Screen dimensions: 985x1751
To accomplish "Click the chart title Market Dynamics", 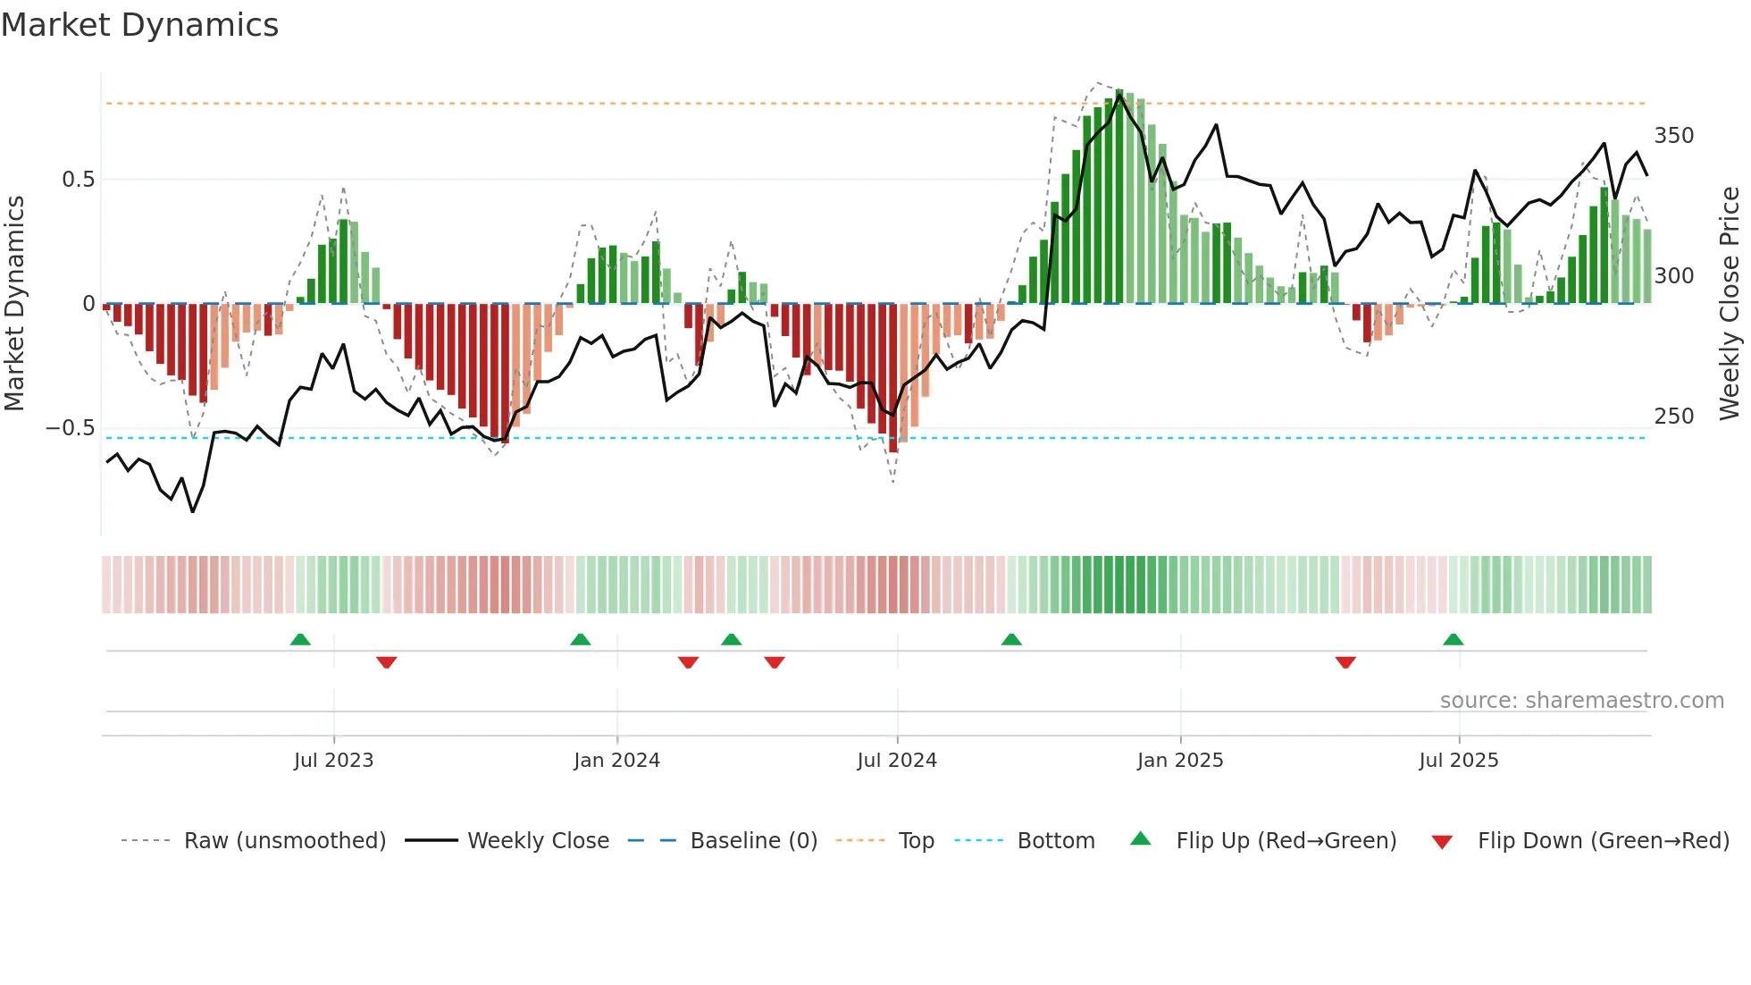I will click(140, 25).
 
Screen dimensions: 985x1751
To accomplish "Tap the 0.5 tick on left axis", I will click(78, 180).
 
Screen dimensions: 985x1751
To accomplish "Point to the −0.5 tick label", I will click(70, 428).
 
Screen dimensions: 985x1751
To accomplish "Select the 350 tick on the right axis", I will click(1673, 136).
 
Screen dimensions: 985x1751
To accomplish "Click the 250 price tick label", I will click(1673, 417).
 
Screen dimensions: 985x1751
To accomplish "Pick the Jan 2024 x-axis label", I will click(616, 761).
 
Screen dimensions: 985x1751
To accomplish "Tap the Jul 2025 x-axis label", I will click(1458, 761).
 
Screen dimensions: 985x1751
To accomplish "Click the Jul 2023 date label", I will click(333, 761).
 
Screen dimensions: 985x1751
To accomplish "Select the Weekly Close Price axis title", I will click(1730, 304).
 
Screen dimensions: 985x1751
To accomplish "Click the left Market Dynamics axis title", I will click(15, 304).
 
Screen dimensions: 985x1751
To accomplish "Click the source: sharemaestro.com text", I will click(1581, 701).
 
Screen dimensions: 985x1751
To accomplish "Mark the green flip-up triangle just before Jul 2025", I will click(1453, 640).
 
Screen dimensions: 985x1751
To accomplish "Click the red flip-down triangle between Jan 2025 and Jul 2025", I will click(1345, 662).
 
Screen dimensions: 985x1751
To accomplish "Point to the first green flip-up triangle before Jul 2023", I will click(300, 640).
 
